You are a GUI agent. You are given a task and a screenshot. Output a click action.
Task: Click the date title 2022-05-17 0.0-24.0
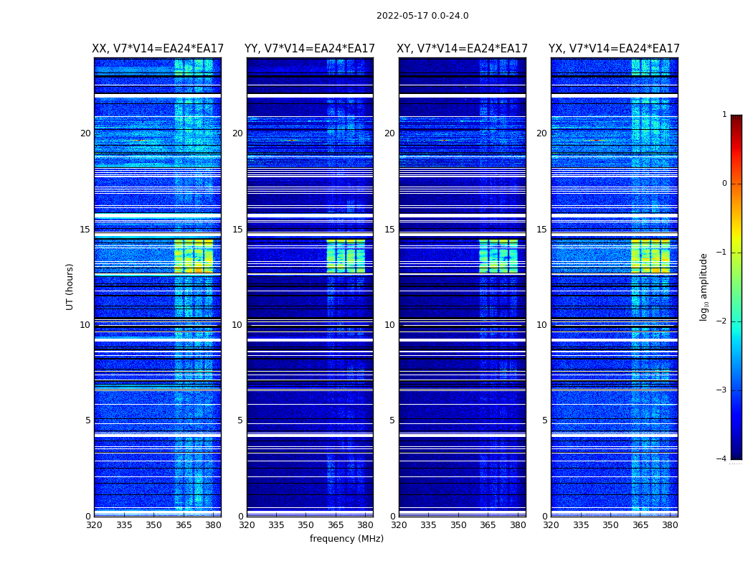pyautogui.click(x=422, y=16)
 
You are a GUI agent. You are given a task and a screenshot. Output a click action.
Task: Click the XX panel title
pyautogui.click(x=158, y=49)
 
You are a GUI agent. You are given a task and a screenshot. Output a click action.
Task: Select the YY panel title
pyautogui.click(x=310, y=49)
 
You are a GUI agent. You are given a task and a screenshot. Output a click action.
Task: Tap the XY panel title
pyautogui.click(x=463, y=49)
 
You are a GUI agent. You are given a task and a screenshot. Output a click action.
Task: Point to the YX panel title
pyautogui.click(x=614, y=49)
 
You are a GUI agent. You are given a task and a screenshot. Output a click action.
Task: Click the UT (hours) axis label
pyautogui.click(x=70, y=286)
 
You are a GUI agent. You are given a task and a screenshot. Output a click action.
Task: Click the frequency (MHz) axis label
pyautogui.click(x=346, y=539)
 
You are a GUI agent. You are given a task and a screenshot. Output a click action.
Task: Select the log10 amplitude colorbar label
pyautogui.click(x=704, y=286)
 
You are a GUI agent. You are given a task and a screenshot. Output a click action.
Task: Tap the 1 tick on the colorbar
pyautogui.click(x=724, y=115)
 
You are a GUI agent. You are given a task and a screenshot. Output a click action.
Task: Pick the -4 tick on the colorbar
pyautogui.click(x=722, y=459)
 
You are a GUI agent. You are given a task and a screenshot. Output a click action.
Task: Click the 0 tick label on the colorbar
pyautogui.click(x=724, y=184)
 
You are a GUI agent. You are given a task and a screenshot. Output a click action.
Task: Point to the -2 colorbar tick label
pyautogui.click(x=722, y=321)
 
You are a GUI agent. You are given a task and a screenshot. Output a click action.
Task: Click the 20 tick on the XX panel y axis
pyautogui.click(x=85, y=133)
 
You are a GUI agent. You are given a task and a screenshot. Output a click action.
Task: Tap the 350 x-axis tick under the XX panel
pyautogui.click(x=153, y=525)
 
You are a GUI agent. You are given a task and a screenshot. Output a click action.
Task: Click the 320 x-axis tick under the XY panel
pyautogui.click(x=399, y=525)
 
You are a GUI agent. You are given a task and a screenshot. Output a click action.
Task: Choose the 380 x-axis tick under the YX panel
pyautogui.click(x=670, y=525)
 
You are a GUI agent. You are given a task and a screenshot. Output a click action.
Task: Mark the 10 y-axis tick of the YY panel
pyautogui.click(x=237, y=325)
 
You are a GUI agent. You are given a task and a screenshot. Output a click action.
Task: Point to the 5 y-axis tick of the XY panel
pyautogui.click(x=392, y=420)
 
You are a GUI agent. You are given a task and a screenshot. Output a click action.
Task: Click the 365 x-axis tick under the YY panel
pyautogui.click(x=336, y=525)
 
